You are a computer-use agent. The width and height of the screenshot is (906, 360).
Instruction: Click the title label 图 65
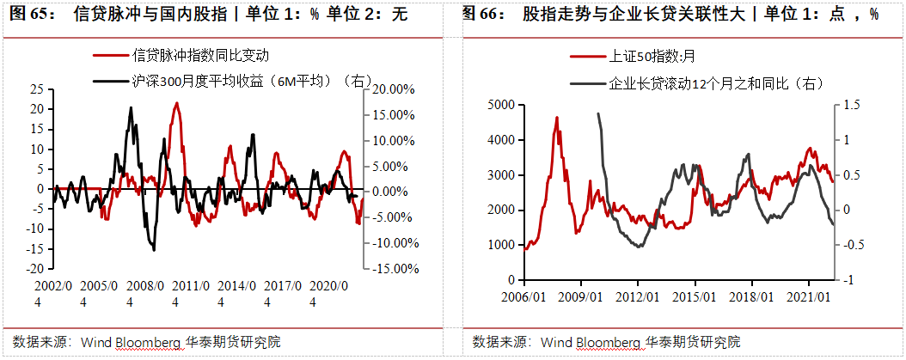click(30, 15)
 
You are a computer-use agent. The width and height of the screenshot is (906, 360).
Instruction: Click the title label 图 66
click(483, 15)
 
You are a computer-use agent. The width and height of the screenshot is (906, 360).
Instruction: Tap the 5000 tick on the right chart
click(499, 104)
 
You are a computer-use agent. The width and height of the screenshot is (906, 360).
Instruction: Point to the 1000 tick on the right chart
click(499, 245)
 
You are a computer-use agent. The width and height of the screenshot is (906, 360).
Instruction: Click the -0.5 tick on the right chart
click(849, 245)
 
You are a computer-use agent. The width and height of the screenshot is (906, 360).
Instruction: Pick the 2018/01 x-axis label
click(751, 296)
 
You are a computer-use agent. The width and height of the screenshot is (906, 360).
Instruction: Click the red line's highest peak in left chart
click(176, 103)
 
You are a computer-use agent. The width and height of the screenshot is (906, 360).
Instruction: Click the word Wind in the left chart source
click(95, 342)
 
